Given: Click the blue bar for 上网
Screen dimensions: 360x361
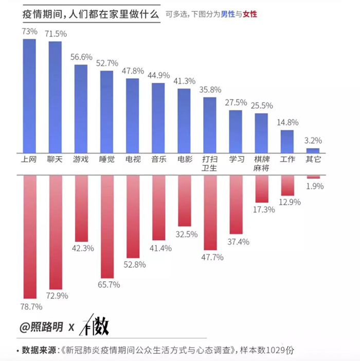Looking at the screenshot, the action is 29,96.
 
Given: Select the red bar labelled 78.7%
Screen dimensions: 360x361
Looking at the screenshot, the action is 30,237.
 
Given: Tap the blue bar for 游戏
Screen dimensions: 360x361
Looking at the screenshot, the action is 81,109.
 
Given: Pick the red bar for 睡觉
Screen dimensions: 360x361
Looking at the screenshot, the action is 107,227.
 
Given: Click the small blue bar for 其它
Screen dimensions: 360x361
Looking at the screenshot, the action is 313,151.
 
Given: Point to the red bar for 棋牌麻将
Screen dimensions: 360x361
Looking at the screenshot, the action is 262,189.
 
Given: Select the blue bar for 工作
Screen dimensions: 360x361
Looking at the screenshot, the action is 287,142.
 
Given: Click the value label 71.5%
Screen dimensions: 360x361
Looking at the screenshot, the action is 56,34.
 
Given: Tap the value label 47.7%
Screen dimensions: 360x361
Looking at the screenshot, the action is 212,257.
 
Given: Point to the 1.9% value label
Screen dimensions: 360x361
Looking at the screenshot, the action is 315,186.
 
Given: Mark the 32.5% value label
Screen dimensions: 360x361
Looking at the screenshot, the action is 187,234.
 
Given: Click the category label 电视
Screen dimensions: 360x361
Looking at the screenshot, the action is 133,159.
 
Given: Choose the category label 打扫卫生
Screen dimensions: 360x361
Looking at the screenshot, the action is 209,163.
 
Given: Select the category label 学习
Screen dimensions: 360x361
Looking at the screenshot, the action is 237,159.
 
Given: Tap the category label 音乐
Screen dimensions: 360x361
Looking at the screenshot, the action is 159,159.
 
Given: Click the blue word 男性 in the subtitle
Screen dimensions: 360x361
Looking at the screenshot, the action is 228,14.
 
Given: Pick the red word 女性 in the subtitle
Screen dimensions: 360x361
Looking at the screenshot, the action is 250,14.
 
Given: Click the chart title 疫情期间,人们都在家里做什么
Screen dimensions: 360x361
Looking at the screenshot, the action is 91,14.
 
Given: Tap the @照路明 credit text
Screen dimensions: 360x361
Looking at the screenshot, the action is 41,326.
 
